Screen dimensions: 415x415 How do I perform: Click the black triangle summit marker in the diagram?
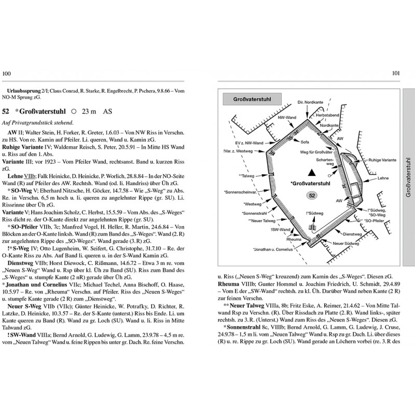click(312, 172)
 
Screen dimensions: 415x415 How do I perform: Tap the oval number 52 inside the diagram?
click(312, 196)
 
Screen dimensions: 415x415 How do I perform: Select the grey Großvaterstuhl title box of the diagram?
click(251, 99)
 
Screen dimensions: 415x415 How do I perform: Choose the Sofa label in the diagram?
click(305, 141)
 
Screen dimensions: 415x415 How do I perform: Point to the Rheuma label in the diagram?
click(293, 240)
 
